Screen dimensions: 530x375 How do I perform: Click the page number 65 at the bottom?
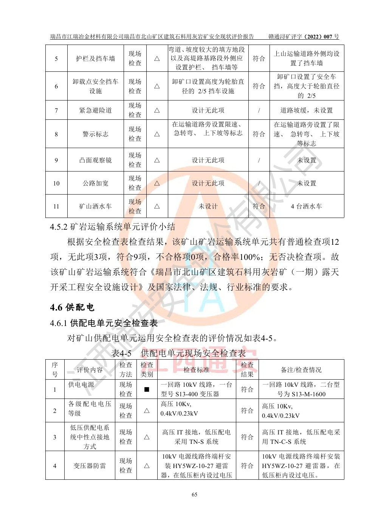coord(194,494)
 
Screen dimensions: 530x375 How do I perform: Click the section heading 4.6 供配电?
coord(72,307)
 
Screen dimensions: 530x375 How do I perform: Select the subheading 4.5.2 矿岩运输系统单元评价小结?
coord(113,227)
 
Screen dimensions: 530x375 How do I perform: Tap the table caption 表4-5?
coord(121,353)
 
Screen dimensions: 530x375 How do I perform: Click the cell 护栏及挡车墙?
coord(95,59)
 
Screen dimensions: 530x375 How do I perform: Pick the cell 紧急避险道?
coord(95,110)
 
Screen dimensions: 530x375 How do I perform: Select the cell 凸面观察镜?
coord(95,160)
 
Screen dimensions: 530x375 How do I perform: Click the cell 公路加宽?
coord(95,183)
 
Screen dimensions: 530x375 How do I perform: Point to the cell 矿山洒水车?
coord(95,206)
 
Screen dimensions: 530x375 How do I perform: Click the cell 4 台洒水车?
coord(306,206)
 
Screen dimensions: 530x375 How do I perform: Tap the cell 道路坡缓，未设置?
coord(306,110)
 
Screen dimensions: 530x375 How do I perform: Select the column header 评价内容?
coord(90,370)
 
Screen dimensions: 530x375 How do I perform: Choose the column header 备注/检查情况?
coord(301,370)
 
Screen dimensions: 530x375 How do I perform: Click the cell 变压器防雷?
coord(90,466)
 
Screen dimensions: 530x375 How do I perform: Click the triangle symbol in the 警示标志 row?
coord(157,134)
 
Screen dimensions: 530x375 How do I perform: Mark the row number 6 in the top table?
coord(56,86)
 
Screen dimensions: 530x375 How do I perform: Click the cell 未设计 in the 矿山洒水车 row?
coord(208,206)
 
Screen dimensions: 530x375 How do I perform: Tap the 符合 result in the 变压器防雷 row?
coord(247,466)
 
